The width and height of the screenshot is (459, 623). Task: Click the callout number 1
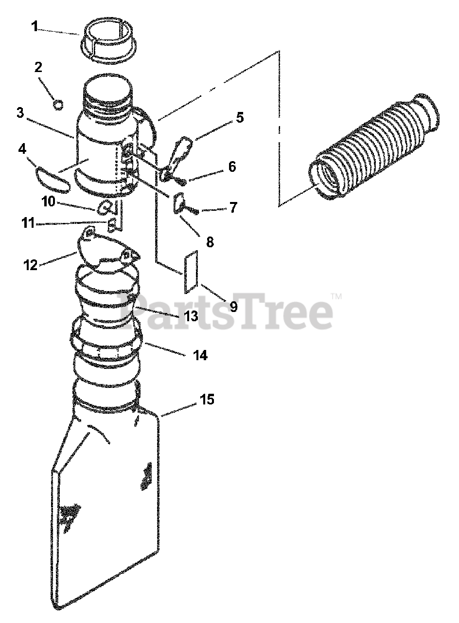34,27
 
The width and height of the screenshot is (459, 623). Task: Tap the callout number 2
38,68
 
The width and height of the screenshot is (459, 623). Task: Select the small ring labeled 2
58,105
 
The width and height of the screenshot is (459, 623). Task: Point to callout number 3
20,113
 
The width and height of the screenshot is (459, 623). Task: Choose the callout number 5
240,117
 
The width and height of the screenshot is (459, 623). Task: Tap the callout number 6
232,166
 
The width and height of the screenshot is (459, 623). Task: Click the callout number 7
233,207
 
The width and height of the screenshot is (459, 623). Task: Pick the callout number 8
210,242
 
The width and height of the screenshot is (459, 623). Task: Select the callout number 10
49,202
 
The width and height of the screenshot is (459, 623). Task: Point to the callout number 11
28,223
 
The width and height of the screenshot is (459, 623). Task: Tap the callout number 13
191,316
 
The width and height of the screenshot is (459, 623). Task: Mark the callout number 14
200,355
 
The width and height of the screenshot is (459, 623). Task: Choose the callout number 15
207,400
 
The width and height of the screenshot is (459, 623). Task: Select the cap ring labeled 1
108,42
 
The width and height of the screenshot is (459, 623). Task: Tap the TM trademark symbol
336,296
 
